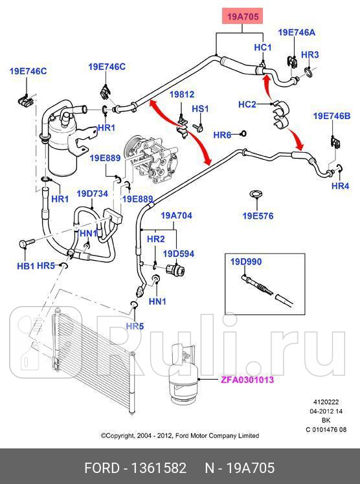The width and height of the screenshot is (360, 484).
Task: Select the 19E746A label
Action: click(297, 32)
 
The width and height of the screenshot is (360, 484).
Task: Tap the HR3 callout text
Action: click(310, 55)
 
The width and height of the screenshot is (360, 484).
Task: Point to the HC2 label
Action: click(247, 104)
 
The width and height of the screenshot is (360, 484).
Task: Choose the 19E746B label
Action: click(332, 116)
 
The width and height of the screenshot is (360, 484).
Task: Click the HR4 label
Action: click(340, 186)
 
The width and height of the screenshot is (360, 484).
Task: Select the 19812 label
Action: click(182, 94)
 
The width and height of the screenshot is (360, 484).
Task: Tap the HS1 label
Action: click(200, 108)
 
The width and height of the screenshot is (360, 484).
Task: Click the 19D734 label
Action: click(92, 193)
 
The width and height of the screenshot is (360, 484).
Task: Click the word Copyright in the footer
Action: click(123, 435)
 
